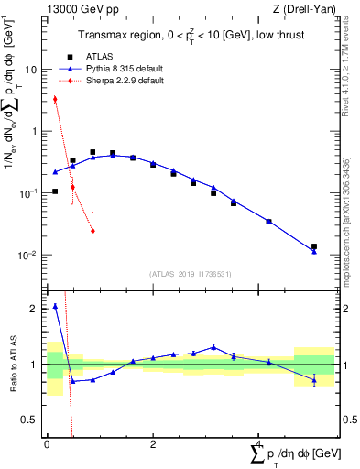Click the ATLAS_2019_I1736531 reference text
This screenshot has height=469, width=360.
coord(191,273)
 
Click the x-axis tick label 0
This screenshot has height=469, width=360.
coord(47,444)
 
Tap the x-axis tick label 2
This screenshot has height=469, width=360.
coord(152,444)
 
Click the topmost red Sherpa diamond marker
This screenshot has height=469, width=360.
coord(55,99)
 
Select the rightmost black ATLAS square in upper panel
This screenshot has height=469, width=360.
coord(314,246)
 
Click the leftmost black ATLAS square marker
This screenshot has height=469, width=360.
coord(55,191)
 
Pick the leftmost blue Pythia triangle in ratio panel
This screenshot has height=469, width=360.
coord(55,307)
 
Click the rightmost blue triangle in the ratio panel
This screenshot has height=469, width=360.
coord(314,379)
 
